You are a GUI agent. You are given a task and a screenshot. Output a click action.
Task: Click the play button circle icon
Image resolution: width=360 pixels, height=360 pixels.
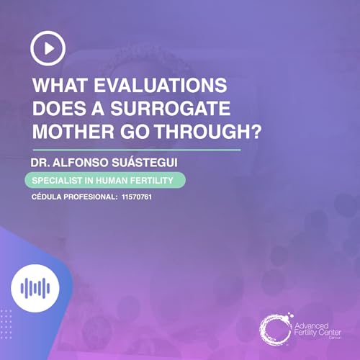tap(48, 48)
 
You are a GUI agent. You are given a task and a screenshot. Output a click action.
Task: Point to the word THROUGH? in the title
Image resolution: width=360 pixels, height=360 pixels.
tap(198, 132)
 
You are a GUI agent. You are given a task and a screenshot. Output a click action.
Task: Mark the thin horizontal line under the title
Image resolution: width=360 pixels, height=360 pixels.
tap(137, 150)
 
